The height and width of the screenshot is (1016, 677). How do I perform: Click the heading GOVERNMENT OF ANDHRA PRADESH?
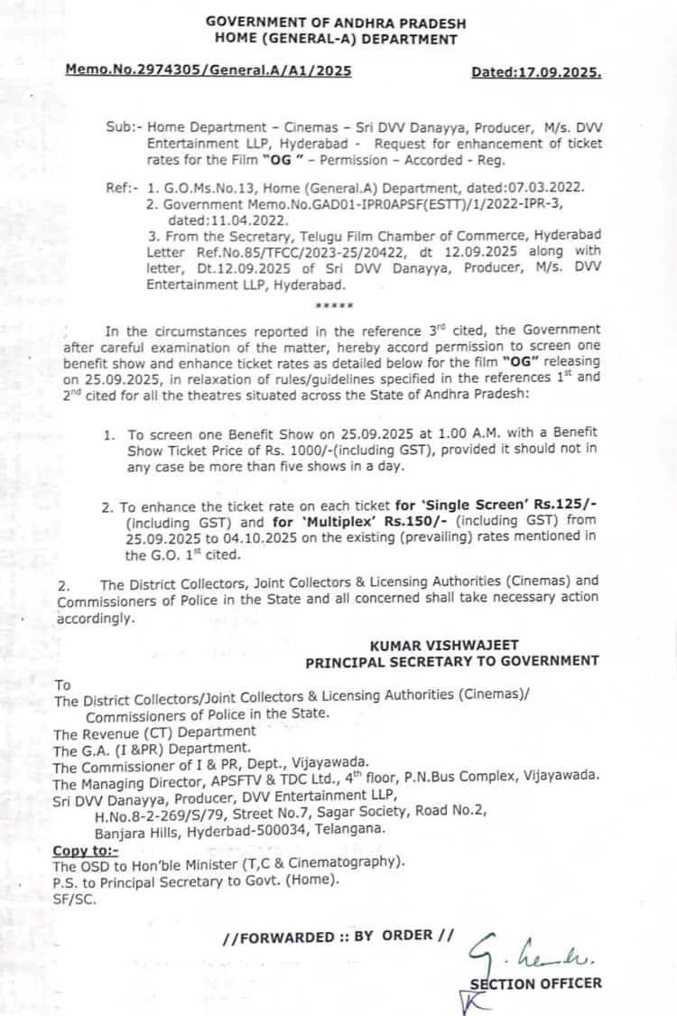[336, 21]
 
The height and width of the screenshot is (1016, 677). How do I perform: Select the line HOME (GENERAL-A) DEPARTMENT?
[336, 39]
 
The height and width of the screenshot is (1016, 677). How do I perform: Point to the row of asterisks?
[334, 306]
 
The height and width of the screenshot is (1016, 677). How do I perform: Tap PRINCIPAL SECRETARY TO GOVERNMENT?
[451, 661]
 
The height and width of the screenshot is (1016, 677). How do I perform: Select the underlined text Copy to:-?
[85, 850]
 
